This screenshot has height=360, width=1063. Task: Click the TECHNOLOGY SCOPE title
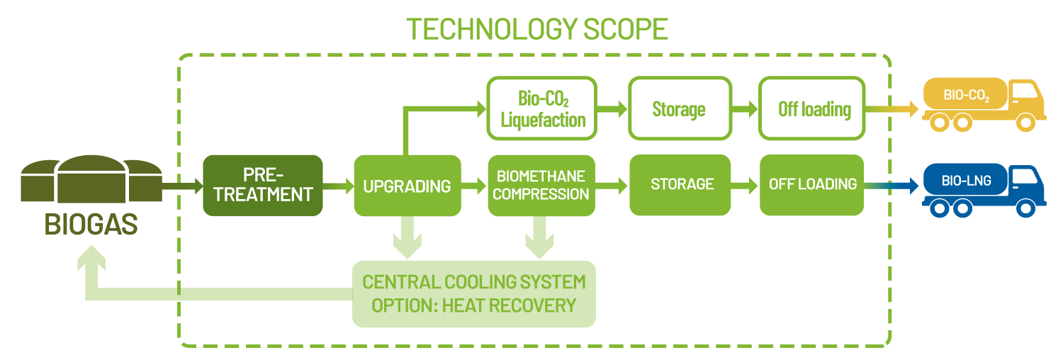(537, 29)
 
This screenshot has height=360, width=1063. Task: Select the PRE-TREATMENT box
(263, 185)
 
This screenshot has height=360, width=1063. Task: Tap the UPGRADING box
(407, 186)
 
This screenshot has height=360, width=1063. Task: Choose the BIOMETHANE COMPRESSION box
(541, 185)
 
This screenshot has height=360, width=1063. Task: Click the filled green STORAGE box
(681, 184)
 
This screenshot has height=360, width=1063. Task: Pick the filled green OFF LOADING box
(812, 184)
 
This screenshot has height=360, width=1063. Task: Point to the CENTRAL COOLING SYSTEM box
(474, 293)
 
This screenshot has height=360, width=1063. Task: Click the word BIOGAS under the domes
(91, 225)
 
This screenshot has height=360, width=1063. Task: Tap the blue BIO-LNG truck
(985, 188)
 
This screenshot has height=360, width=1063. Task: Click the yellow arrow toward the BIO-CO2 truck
(894, 109)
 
